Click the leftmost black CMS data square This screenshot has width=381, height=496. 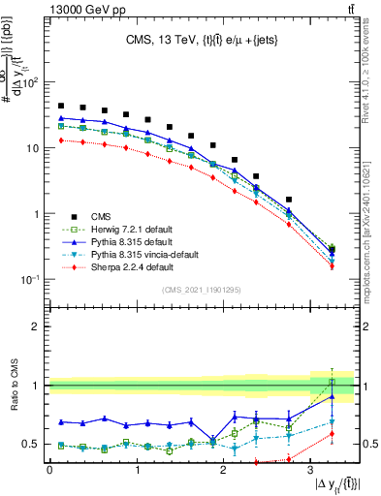61,107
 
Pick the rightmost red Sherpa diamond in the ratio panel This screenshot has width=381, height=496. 332,434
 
